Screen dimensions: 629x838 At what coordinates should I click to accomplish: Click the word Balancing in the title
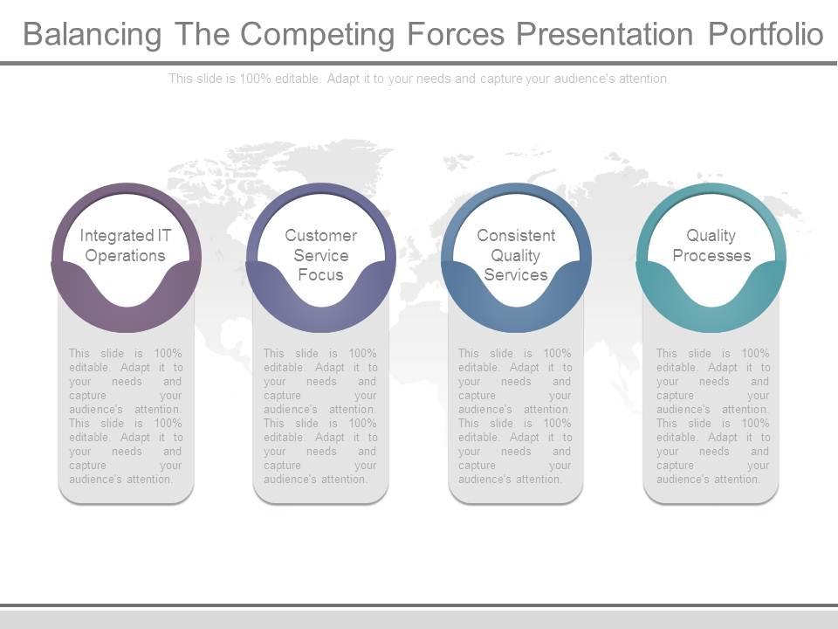(x=92, y=34)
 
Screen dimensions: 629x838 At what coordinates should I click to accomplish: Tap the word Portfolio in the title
(x=765, y=34)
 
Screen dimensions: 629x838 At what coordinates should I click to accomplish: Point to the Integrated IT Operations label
(x=126, y=245)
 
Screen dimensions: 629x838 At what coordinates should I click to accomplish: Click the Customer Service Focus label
(x=320, y=255)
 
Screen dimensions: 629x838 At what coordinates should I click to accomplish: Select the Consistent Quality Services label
(x=516, y=255)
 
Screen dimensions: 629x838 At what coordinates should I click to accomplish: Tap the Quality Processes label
(x=711, y=245)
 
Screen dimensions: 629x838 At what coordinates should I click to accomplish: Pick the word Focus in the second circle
(x=320, y=275)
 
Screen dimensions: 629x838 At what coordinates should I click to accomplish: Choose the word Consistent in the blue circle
(x=516, y=235)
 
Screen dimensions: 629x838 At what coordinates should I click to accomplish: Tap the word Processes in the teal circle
(x=711, y=256)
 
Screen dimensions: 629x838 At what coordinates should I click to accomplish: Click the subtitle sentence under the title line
(x=419, y=79)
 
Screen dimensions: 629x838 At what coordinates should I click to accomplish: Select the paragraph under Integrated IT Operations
(x=126, y=416)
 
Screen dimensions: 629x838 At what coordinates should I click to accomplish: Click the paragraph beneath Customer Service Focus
(x=320, y=416)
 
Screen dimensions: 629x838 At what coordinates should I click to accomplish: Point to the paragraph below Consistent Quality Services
(x=515, y=416)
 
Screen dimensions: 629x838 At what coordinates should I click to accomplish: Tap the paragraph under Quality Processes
(x=712, y=416)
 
